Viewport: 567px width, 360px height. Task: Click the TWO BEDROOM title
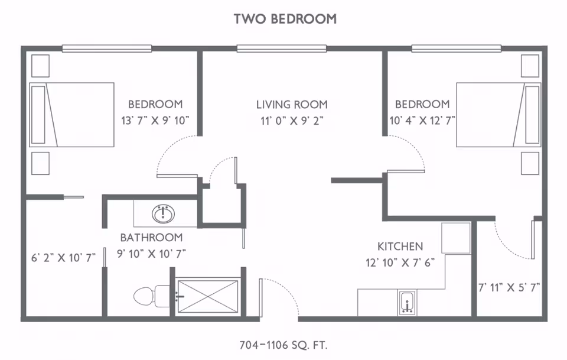click(285, 19)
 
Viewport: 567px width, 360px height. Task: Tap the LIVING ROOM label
click(292, 105)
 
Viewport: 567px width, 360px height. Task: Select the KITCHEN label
click(400, 247)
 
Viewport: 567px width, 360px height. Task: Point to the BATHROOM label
click(151, 238)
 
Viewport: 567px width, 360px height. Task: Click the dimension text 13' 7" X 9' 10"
click(155, 120)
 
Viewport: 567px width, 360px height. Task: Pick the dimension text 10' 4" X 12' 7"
click(422, 120)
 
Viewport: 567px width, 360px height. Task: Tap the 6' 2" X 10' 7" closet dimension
click(63, 258)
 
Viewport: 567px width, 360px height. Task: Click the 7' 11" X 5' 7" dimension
click(509, 288)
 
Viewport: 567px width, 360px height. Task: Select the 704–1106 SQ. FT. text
click(283, 345)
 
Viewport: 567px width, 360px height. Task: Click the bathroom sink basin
click(164, 213)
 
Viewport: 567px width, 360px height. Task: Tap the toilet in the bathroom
click(152, 296)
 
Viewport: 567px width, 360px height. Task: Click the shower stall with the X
click(208, 296)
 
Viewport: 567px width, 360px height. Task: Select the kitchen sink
click(407, 303)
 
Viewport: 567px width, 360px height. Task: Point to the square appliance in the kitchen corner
click(456, 238)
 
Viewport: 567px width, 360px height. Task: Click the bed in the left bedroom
click(72, 115)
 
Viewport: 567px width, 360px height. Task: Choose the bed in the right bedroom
click(498, 115)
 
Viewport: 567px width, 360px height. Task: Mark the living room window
click(282, 48)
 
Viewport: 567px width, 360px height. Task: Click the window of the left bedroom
click(107, 48)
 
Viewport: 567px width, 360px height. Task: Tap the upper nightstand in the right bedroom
click(530, 66)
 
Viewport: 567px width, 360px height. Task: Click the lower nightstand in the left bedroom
click(41, 163)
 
